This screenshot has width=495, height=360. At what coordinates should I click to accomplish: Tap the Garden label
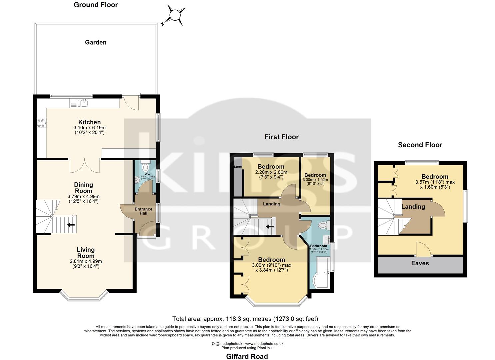tap(96, 42)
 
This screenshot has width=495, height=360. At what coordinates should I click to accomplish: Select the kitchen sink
tap(84, 103)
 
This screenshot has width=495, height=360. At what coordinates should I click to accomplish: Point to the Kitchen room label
tap(89, 122)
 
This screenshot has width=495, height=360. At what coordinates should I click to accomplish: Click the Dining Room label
tap(83, 188)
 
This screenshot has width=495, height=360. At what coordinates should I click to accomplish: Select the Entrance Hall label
tap(143, 211)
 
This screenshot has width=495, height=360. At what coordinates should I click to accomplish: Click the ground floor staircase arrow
tap(70, 225)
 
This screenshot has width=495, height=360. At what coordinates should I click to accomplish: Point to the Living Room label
tap(86, 253)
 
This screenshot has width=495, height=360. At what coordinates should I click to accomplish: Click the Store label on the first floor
tap(238, 167)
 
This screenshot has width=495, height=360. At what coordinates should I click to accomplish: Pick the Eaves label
tap(420, 263)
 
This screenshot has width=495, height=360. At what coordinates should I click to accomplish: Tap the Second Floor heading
tap(420, 145)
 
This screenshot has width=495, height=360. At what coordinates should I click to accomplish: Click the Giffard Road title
tap(247, 356)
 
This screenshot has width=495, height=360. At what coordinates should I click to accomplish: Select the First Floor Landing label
tap(271, 204)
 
